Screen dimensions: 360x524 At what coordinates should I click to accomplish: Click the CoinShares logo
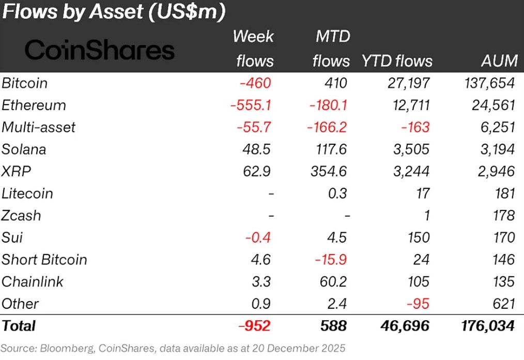pyautogui.click(x=100, y=51)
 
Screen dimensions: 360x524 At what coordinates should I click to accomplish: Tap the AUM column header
pyautogui.click(x=498, y=61)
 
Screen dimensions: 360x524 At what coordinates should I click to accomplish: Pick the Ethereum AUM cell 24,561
pyautogui.click(x=490, y=105)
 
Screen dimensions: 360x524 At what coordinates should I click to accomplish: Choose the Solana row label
pyautogui.click(x=24, y=149)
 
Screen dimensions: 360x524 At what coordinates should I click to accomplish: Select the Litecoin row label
pyautogui.click(x=27, y=193)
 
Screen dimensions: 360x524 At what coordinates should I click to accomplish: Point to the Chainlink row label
pyautogui.click(x=33, y=282)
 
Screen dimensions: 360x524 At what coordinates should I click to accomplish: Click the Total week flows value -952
pyautogui.click(x=254, y=326)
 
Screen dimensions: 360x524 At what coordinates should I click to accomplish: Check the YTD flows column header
pyautogui.click(x=396, y=61)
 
